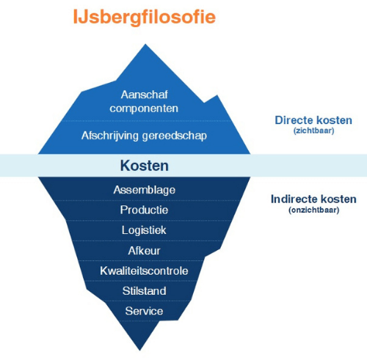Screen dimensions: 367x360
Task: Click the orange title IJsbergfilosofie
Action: [145, 17]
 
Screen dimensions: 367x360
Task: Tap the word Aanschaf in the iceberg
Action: [145, 95]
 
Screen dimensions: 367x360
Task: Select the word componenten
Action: [144, 109]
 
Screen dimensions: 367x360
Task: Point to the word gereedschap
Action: [175, 136]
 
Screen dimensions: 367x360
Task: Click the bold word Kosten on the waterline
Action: [145, 166]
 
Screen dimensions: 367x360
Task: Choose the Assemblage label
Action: [145, 190]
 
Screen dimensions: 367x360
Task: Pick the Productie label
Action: [144, 210]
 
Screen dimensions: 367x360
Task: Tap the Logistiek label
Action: [144, 230]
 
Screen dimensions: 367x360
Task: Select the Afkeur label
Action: [144, 251]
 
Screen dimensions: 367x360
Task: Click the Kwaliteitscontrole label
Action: [144, 271]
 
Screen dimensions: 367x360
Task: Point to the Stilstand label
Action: [145, 291]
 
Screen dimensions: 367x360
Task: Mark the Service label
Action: [144, 311]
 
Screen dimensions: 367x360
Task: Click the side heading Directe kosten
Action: [313, 120]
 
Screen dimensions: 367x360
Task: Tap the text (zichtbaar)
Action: [314, 131]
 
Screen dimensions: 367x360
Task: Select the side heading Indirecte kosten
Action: [313, 199]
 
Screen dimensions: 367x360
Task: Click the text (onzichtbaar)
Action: [314, 210]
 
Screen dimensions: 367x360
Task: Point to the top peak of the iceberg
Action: [145, 44]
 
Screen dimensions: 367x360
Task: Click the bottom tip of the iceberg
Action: [140, 350]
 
